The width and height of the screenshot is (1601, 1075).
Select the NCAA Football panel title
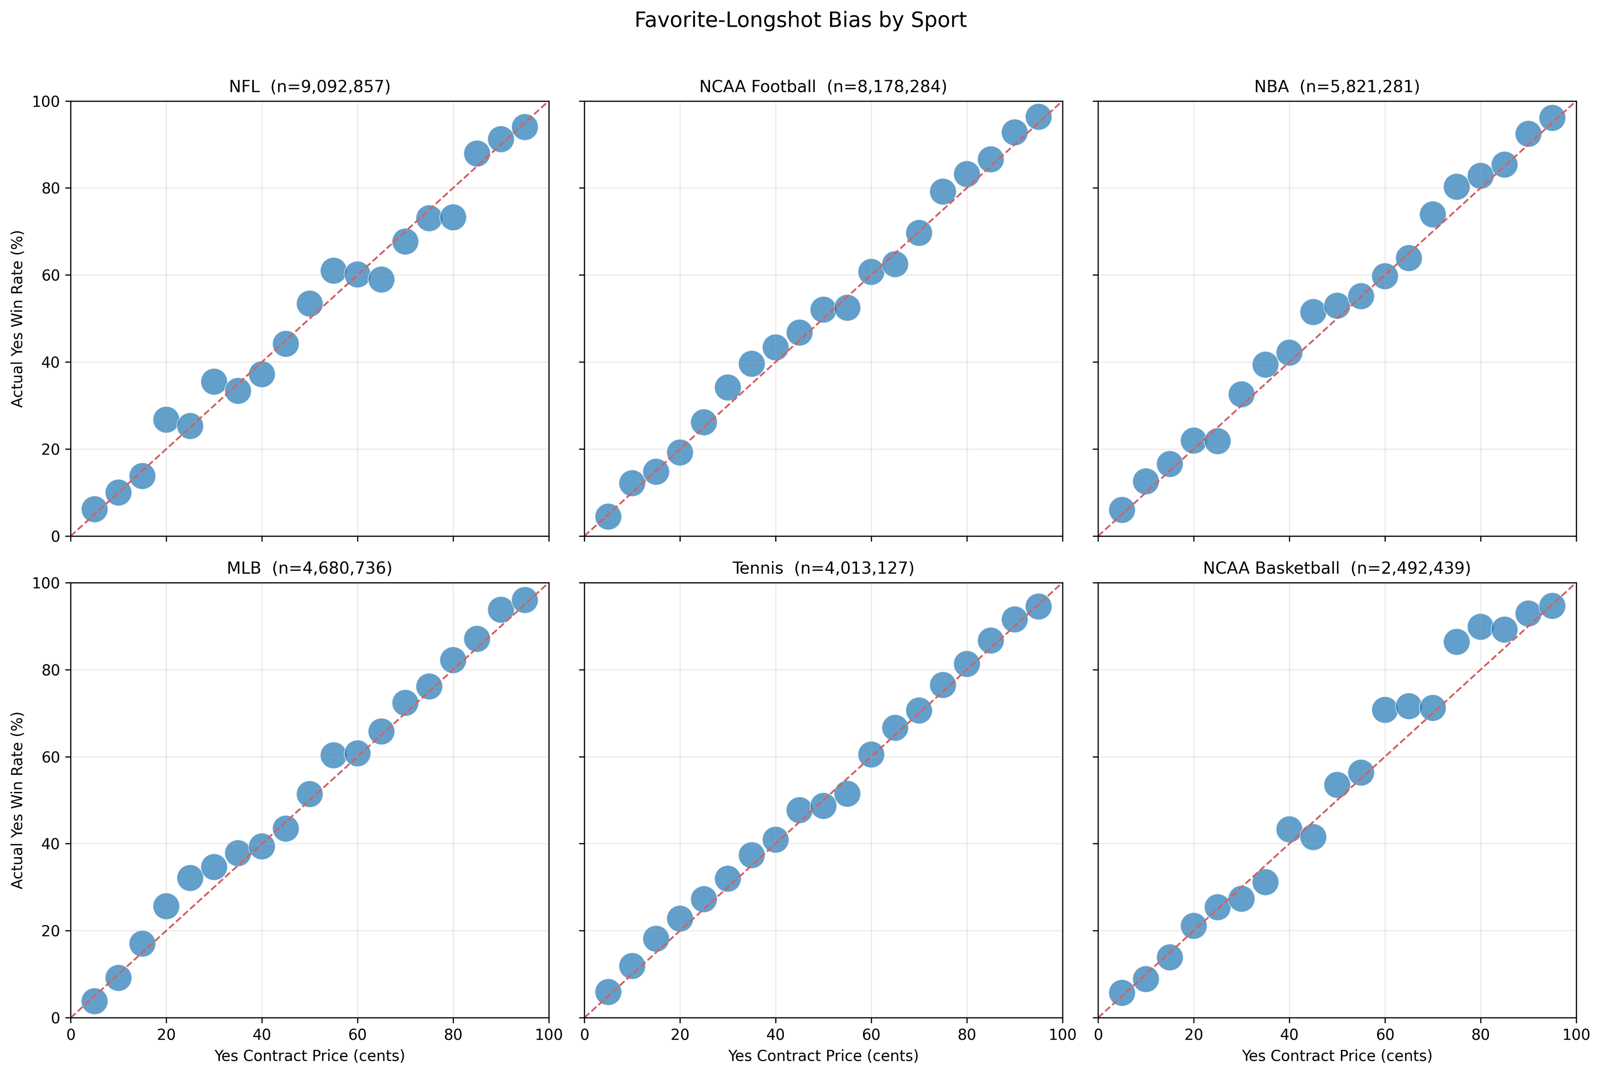click(x=823, y=86)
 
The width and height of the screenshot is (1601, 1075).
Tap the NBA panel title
click(x=1336, y=86)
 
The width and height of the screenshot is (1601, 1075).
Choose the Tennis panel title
click(x=823, y=568)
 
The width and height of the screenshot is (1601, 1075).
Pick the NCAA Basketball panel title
click(x=1336, y=568)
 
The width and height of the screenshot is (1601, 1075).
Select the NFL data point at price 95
click(x=525, y=127)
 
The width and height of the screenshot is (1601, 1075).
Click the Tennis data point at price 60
click(x=871, y=754)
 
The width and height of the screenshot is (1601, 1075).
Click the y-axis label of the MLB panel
click(x=18, y=799)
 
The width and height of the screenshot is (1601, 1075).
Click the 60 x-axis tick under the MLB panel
click(x=357, y=1034)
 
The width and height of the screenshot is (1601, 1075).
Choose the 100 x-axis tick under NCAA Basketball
click(x=1576, y=1034)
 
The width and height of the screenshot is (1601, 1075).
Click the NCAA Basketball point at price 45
click(x=1312, y=837)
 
